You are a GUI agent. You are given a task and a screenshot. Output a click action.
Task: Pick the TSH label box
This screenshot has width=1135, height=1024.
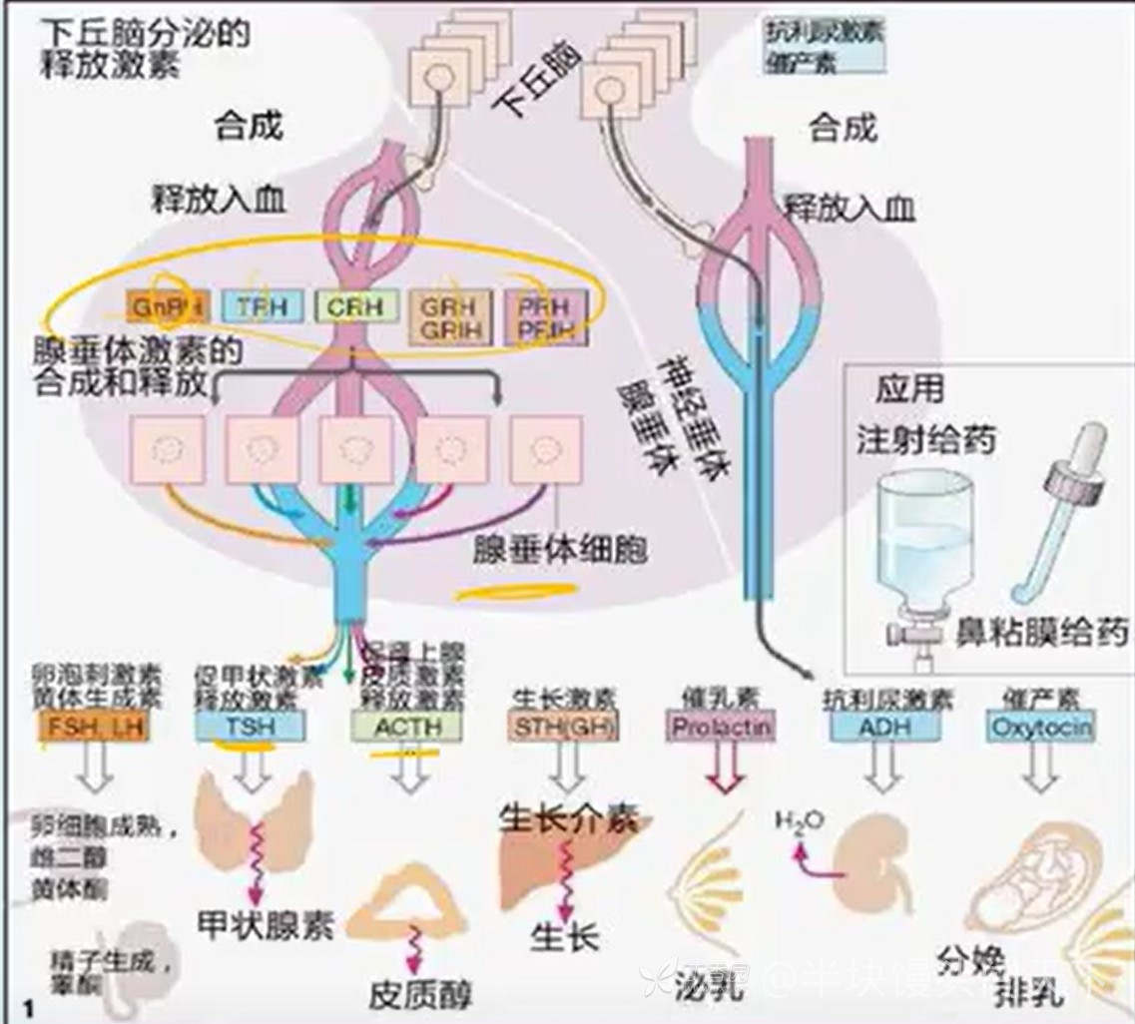click(250, 726)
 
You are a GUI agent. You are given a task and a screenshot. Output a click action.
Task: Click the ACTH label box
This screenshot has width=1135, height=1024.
click(406, 726)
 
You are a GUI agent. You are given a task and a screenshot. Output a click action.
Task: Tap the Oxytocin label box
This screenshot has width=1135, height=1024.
click(1040, 727)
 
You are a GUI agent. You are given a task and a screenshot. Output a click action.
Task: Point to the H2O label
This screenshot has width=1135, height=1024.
click(801, 819)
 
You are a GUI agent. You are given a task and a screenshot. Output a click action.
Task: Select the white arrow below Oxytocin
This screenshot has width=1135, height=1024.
click(1040, 768)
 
